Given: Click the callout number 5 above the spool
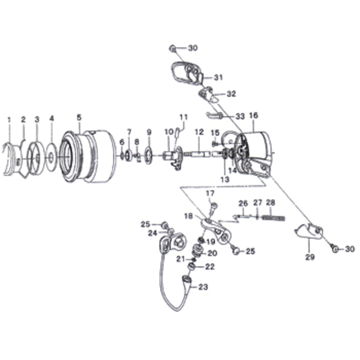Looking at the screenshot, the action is point(79,117).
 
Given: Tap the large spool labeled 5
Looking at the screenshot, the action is point(88,156).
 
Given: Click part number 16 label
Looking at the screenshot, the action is point(253,116).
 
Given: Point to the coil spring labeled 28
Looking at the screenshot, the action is point(274,218).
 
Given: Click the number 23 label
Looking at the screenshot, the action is point(203,287).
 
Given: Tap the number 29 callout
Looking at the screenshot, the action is point(310,257).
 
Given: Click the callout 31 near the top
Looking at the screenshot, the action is point(218,77).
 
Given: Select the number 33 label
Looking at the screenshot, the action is point(240,117).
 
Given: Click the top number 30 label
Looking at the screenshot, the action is point(193,48).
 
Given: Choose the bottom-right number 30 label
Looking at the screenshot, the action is point(350,249).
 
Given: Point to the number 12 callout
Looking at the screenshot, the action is point(199,132).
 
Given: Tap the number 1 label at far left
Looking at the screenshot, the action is point(9,120).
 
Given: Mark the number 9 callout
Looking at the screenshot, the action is point(149,132).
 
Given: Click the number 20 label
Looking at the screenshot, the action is point(212,253).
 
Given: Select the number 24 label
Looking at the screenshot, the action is point(153,233).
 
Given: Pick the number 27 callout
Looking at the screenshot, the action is point(257,202).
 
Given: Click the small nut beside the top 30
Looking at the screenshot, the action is point(172,49).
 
